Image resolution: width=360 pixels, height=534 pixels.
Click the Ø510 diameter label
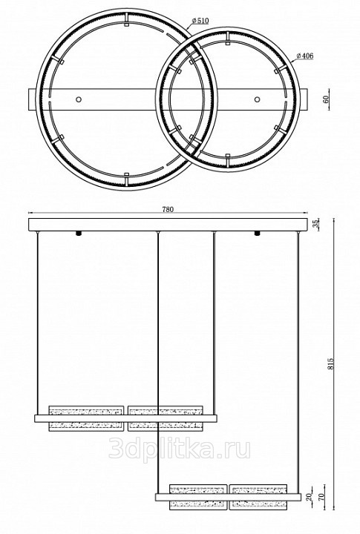pyautogui.click(x=200, y=21)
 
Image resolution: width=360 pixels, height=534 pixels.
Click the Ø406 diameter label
pyautogui.click(x=305, y=56)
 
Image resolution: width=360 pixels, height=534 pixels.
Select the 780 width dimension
pyautogui.click(x=168, y=209)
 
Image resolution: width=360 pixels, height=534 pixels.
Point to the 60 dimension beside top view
pyautogui.click(x=325, y=99)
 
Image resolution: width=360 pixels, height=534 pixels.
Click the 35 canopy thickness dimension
pyautogui.click(x=315, y=224)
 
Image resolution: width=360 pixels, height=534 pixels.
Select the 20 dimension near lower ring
pyautogui.click(x=309, y=497)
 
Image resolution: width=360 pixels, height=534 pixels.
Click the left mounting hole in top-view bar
pyautogui.click(x=79, y=99)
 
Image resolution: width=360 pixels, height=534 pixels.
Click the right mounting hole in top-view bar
pyautogui.click(x=257, y=99)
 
